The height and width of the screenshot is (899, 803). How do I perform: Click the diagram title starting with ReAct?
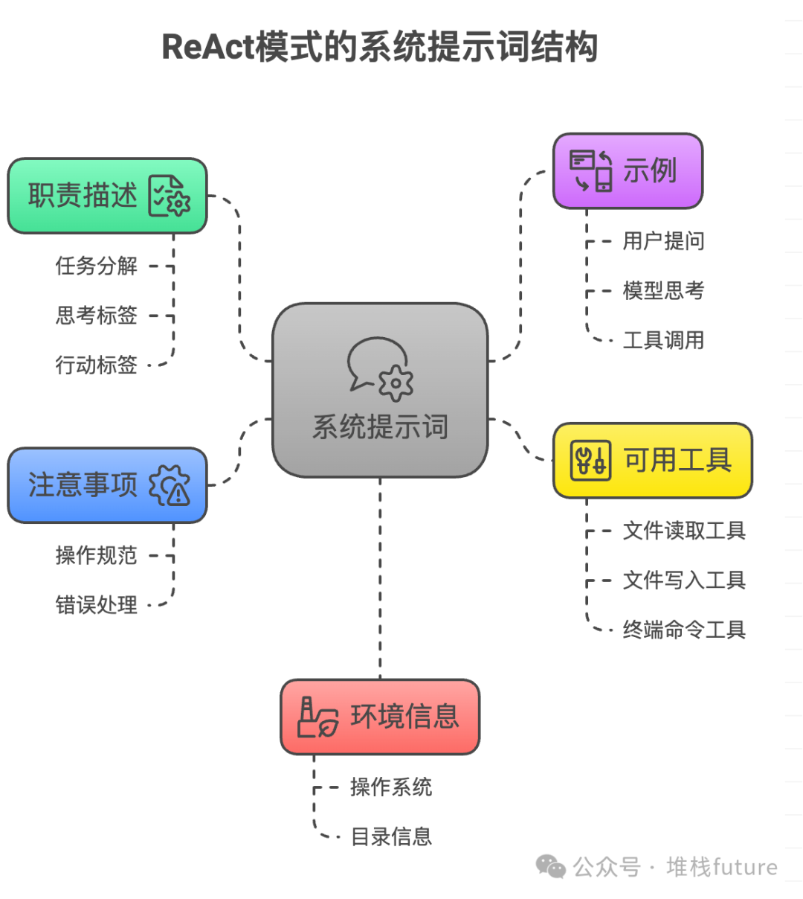click(x=380, y=46)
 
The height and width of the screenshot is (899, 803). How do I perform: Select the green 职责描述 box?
click(x=107, y=196)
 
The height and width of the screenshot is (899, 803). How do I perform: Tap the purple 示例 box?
click(x=628, y=171)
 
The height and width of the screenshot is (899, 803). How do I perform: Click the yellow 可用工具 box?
click(x=653, y=461)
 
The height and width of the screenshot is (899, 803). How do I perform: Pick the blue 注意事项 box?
click(x=107, y=485)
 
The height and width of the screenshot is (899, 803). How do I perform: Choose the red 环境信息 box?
click(x=380, y=717)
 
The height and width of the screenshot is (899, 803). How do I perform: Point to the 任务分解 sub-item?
click(x=97, y=266)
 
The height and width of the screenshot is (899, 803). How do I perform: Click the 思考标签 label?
click(x=97, y=316)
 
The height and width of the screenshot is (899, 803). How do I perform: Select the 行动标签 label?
click(x=97, y=365)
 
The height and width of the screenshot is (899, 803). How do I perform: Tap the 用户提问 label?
click(x=663, y=241)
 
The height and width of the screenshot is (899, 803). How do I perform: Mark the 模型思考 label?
click(x=663, y=290)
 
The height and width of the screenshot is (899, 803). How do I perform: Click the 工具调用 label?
click(x=663, y=340)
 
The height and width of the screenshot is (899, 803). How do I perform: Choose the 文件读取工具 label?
click(x=684, y=531)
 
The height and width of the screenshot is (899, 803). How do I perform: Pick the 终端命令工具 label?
click(x=684, y=630)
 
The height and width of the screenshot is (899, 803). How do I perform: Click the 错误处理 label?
click(x=97, y=605)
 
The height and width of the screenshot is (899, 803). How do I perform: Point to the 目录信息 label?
click(x=391, y=836)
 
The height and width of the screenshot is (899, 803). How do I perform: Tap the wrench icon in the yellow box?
click(x=590, y=461)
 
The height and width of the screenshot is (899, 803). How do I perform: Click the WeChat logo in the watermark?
click(x=551, y=866)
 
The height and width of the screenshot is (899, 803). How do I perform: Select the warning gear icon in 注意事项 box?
click(x=170, y=486)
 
